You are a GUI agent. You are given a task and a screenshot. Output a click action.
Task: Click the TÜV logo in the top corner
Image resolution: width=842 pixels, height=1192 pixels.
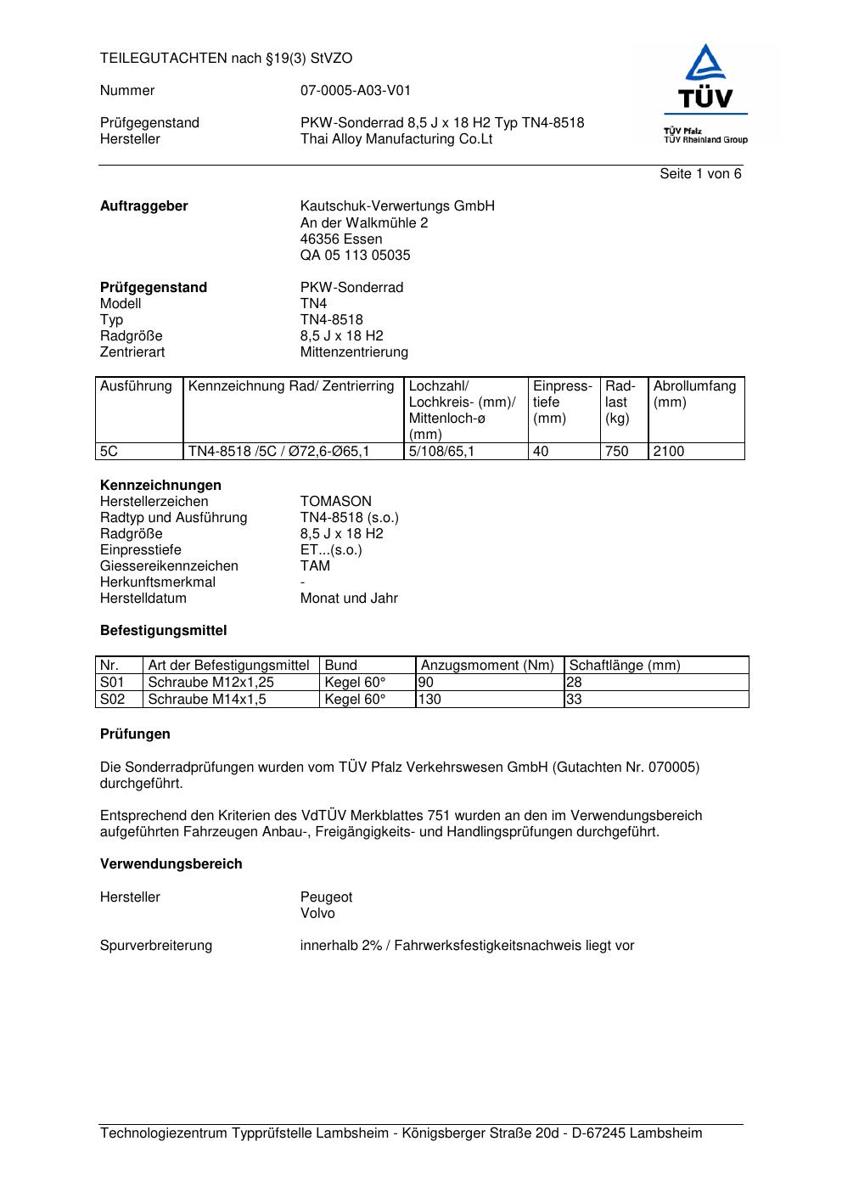(x=704, y=94)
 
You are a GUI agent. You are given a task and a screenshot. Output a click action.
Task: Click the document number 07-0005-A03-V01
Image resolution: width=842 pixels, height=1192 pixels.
(x=355, y=91)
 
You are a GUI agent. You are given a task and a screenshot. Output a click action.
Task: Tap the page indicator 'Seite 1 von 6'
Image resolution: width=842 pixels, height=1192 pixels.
(x=700, y=174)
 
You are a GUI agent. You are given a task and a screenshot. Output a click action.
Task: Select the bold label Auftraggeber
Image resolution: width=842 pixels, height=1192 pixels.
(x=144, y=206)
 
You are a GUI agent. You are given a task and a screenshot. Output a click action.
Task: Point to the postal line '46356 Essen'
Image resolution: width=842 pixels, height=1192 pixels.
(x=341, y=239)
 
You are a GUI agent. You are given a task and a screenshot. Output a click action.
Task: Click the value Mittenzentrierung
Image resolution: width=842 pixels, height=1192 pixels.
(x=354, y=352)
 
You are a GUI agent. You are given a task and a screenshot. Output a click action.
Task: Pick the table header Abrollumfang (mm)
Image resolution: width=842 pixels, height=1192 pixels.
(x=694, y=395)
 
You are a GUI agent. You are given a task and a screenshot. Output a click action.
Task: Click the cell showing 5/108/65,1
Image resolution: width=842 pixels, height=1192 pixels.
(x=441, y=452)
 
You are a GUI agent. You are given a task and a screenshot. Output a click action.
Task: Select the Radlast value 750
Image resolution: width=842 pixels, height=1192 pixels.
(x=616, y=452)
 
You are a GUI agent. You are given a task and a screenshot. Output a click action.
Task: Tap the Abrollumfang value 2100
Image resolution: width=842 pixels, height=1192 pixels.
(x=669, y=452)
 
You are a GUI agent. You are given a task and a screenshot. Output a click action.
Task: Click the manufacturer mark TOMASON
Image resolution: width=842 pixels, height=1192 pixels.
(x=336, y=502)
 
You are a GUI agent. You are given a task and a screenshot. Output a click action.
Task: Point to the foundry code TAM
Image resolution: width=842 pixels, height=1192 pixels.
(x=315, y=566)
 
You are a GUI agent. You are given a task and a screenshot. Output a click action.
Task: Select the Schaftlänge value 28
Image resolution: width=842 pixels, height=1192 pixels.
(x=575, y=683)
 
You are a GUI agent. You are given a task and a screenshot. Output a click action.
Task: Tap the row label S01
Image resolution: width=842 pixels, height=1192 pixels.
(x=112, y=683)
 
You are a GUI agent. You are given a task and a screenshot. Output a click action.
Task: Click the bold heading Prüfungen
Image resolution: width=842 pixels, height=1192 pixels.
(x=135, y=734)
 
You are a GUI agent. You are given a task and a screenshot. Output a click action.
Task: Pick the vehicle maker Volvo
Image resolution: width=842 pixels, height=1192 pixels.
(x=317, y=914)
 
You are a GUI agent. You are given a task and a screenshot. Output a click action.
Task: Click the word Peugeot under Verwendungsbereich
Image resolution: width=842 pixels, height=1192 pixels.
(x=326, y=897)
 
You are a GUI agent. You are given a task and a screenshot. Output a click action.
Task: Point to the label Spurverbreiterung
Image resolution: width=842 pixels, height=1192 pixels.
(x=156, y=946)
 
